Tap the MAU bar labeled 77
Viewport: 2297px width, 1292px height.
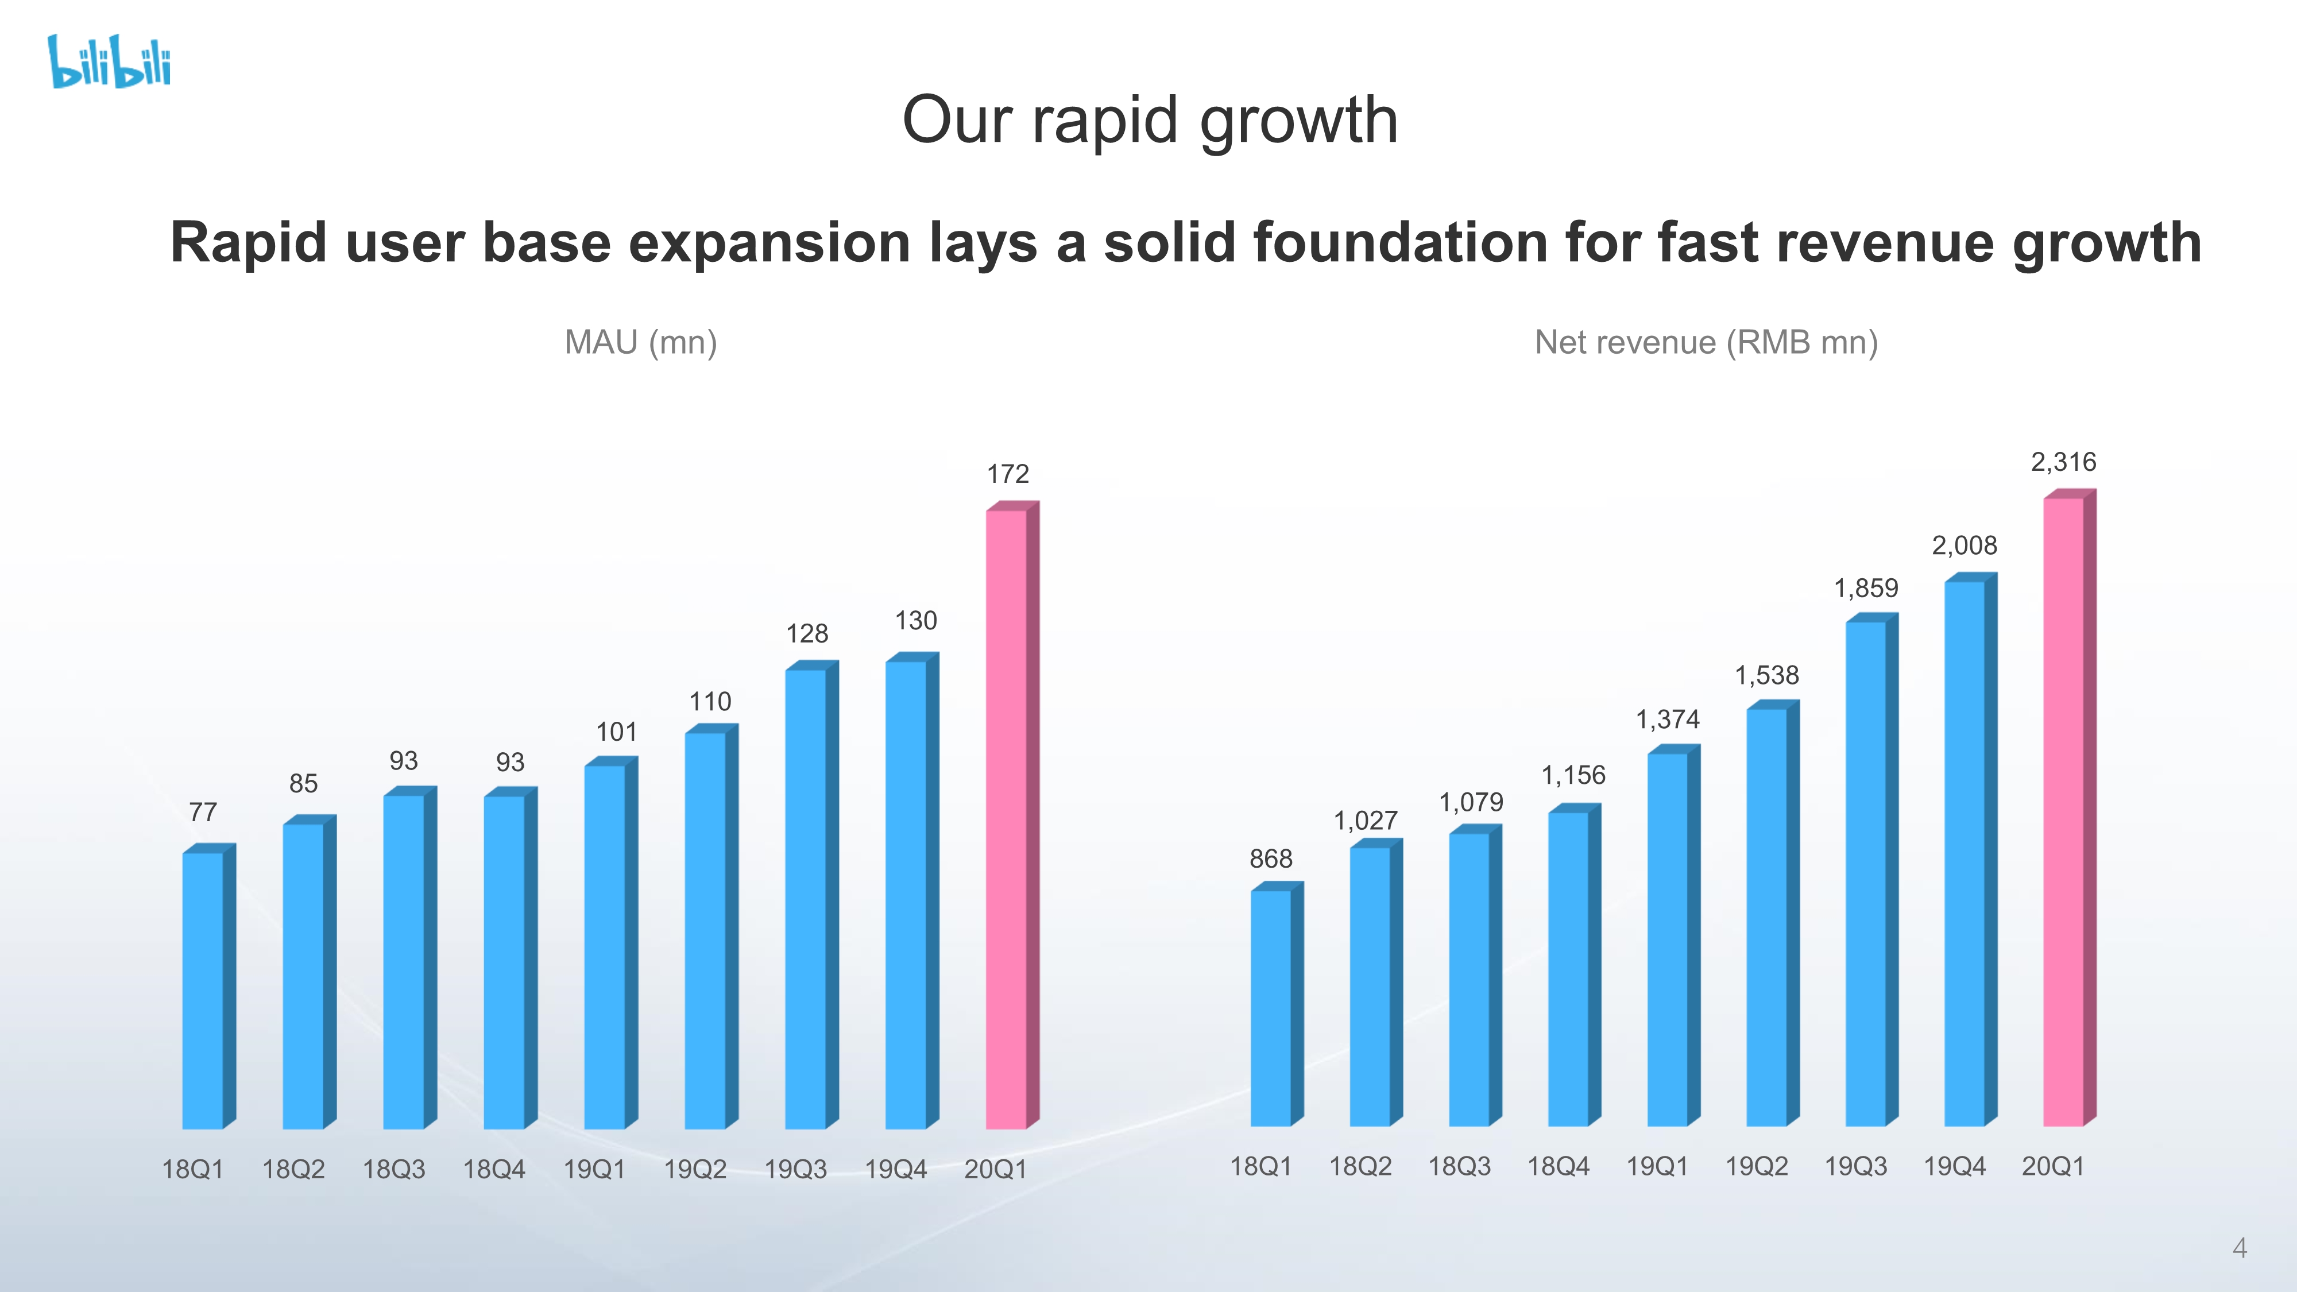click(208, 986)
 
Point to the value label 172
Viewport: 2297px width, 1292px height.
click(1008, 474)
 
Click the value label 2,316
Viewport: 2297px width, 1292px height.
click(2063, 462)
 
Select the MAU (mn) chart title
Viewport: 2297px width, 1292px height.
click(640, 342)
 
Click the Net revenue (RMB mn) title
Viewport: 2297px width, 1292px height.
click(1706, 342)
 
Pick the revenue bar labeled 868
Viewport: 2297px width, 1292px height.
click(1277, 1003)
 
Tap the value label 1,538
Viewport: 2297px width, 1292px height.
click(1766, 675)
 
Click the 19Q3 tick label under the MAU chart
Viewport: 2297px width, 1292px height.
click(795, 1169)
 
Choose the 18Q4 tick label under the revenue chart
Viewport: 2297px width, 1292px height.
click(1558, 1166)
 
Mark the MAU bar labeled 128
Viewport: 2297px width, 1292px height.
click(811, 894)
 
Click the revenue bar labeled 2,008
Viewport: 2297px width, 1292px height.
click(1971, 849)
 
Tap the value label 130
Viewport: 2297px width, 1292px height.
click(916, 621)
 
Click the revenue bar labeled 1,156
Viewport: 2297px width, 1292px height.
click(1575, 965)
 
